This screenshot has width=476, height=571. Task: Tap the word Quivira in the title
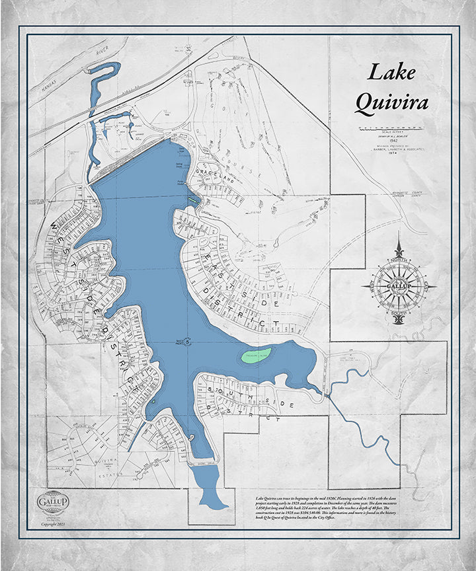click(391, 102)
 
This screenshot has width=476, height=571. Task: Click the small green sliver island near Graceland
click(192, 200)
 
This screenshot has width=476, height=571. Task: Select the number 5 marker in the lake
click(188, 342)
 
